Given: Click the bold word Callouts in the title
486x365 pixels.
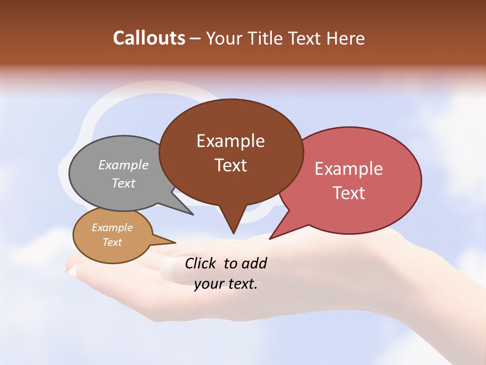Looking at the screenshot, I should click(x=149, y=38).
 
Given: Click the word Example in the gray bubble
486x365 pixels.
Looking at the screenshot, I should click(x=124, y=165).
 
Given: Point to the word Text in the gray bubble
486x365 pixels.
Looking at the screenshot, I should click(x=124, y=183).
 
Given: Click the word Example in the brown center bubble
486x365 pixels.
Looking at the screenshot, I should click(x=230, y=141).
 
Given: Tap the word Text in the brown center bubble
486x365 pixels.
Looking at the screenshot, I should click(x=230, y=165).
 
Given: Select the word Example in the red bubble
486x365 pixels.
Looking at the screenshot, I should click(x=349, y=169).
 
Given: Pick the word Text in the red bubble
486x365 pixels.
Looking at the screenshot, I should click(x=349, y=193).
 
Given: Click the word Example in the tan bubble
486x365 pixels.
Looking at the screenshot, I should click(x=112, y=228).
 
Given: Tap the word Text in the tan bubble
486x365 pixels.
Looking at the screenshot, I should click(x=112, y=242).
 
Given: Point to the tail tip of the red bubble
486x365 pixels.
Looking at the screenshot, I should click(x=271, y=237).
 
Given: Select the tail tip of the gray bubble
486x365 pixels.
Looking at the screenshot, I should click(x=192, y=214).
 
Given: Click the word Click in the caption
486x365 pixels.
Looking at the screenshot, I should click(x=200, y=263).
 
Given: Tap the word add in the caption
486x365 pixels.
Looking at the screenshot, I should click(x=254, y=263).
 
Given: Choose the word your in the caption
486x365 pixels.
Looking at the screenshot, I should click(x=209, y=284).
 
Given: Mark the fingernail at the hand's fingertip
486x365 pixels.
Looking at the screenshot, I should click(x=72, y=271).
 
